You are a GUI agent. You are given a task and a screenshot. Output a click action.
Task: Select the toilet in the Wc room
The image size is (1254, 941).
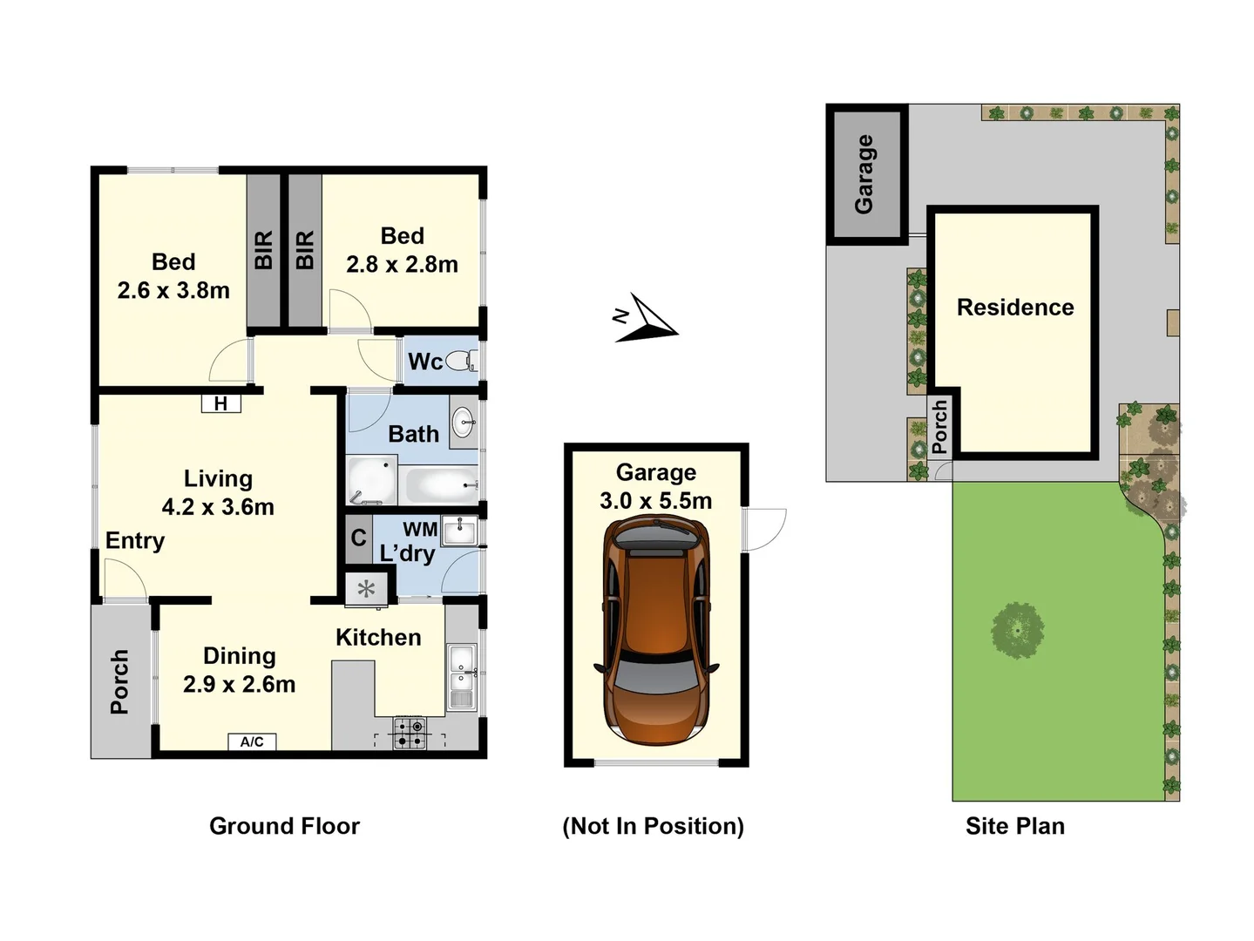click(x=461, y=361)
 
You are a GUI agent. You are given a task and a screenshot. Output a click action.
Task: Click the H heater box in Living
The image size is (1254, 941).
click(x=220, y=403)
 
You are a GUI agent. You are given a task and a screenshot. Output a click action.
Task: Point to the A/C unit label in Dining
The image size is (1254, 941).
click(x=252, y=741)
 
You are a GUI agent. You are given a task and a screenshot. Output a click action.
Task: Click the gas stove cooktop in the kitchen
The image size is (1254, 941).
click(x=409, y=733)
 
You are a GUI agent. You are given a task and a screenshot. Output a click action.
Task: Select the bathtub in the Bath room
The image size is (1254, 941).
click(x=442, y=485)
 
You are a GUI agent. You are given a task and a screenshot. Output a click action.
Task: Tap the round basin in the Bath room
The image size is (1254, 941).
click(x=464, y=424)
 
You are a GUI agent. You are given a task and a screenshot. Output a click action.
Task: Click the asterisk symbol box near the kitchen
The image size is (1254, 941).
click(x=366, y=589)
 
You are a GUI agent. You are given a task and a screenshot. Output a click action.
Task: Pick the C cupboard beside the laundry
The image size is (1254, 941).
click(x=358, y=538)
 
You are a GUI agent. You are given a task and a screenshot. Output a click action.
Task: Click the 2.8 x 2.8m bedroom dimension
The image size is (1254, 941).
click(x=402, y=264)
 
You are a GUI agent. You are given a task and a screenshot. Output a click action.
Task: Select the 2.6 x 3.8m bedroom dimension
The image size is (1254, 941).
click(x=173, y=290)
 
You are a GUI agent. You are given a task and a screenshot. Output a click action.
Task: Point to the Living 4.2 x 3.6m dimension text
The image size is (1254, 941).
click(x=218, y=506)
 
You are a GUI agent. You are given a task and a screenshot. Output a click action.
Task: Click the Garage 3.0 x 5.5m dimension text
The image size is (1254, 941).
click(x=655, y=500)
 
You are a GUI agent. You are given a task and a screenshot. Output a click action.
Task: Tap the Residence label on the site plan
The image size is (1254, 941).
click(x=1015, y=307)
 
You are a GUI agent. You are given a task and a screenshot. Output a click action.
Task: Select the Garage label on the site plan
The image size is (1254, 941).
click(x=864, y=173)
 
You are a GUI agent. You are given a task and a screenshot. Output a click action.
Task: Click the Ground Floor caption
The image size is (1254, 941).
click(x=284, y=826)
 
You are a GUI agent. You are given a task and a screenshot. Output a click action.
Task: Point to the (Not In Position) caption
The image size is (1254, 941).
click(x=653, y=826)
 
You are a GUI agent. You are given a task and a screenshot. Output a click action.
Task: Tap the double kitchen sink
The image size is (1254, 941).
click(x=462, y=676)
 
